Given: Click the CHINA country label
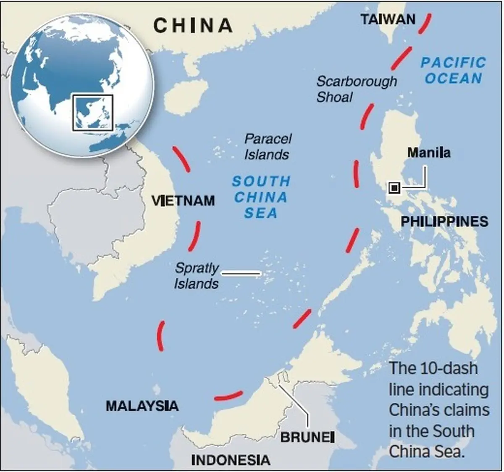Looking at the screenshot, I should tap(193, 25).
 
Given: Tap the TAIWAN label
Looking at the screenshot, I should tap(388, 19).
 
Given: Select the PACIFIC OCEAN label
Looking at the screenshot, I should tap(453, 71).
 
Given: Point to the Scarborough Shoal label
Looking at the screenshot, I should tap(356, 89).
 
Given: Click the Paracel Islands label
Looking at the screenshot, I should tap(268, 146).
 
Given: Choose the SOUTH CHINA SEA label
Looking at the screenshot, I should tap(261, 197).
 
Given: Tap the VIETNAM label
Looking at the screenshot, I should tap(184, 200).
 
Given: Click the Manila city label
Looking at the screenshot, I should tap(428, 152).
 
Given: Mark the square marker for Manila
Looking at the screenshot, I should tap(394, 188).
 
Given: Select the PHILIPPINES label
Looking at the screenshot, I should tap(444, 221).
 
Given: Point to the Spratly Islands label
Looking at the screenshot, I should tap(197, 276).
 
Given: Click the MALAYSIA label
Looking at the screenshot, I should tap(142, 406).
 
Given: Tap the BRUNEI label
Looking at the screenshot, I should tap(307, 437).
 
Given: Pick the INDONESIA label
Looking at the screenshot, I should tap(231, 460).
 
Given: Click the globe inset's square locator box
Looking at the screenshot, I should tap(93, 112).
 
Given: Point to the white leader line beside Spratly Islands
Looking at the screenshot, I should tap(241, 274).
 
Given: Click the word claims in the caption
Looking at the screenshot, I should tap(469, 410).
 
